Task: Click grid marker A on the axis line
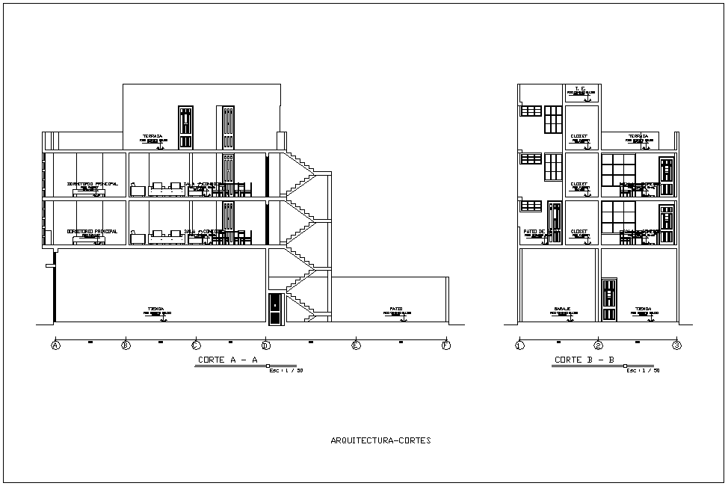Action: [55, 345]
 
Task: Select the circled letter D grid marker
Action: [265, 345]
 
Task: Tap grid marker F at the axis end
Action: [446, 345]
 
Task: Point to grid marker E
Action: [356, 345]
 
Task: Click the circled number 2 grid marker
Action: [598, 345]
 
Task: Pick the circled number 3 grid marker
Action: [676, 345]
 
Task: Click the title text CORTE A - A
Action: [228, 360]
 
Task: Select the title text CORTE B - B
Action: [584, 360]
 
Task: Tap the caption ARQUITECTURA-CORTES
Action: [380, 440]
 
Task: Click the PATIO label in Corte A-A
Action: [397, 308]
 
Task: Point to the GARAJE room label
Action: [563, 308]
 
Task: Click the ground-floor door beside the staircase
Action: [275, 309]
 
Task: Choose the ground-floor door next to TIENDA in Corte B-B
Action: [609, 301]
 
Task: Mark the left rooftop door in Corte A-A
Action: [185, 128]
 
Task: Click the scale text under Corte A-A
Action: [286, 370]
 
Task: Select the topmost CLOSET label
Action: [579, 136]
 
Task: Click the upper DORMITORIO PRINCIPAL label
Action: [92, 183]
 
